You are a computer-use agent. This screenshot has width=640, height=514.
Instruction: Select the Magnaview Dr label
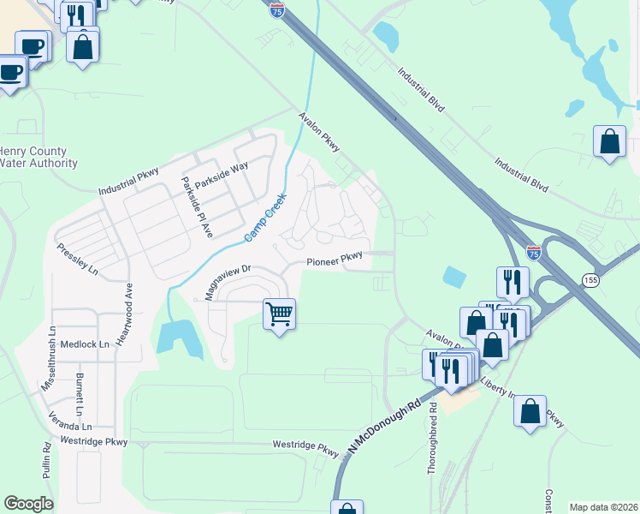point(227,281)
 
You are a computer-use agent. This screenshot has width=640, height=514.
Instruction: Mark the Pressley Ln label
point(78,258)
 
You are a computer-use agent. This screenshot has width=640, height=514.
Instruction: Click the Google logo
point(28,504)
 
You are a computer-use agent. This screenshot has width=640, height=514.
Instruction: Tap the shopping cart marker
point(279,314)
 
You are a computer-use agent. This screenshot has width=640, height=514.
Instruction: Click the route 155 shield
point(590,280)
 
